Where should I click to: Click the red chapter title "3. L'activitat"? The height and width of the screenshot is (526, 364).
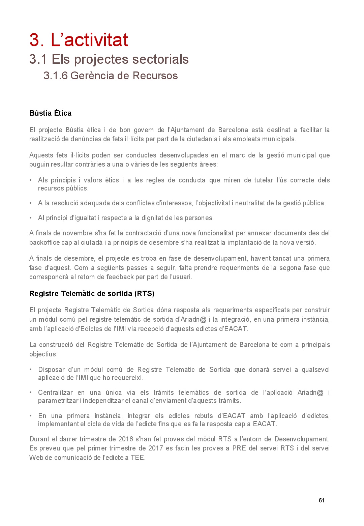click(x=79, y=40)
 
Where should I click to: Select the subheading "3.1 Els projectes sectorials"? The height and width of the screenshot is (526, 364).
click(x=109, y=59)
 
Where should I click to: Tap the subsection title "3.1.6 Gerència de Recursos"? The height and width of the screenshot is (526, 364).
click(x=110, y=76)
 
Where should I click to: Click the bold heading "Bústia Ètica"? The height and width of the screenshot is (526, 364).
click(x=51, y=113)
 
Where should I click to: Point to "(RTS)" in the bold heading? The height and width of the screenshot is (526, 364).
click(x=144, y=294)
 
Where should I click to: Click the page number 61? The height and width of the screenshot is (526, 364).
click(x=322, y=500)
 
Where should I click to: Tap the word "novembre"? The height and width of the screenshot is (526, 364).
click(x=78, y=233)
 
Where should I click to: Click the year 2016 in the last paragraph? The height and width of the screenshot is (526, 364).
click(x=126, y=439)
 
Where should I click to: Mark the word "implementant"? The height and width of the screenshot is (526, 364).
click(x=58, y=424)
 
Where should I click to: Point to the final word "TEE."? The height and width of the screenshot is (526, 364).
click(x=138, y=458)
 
